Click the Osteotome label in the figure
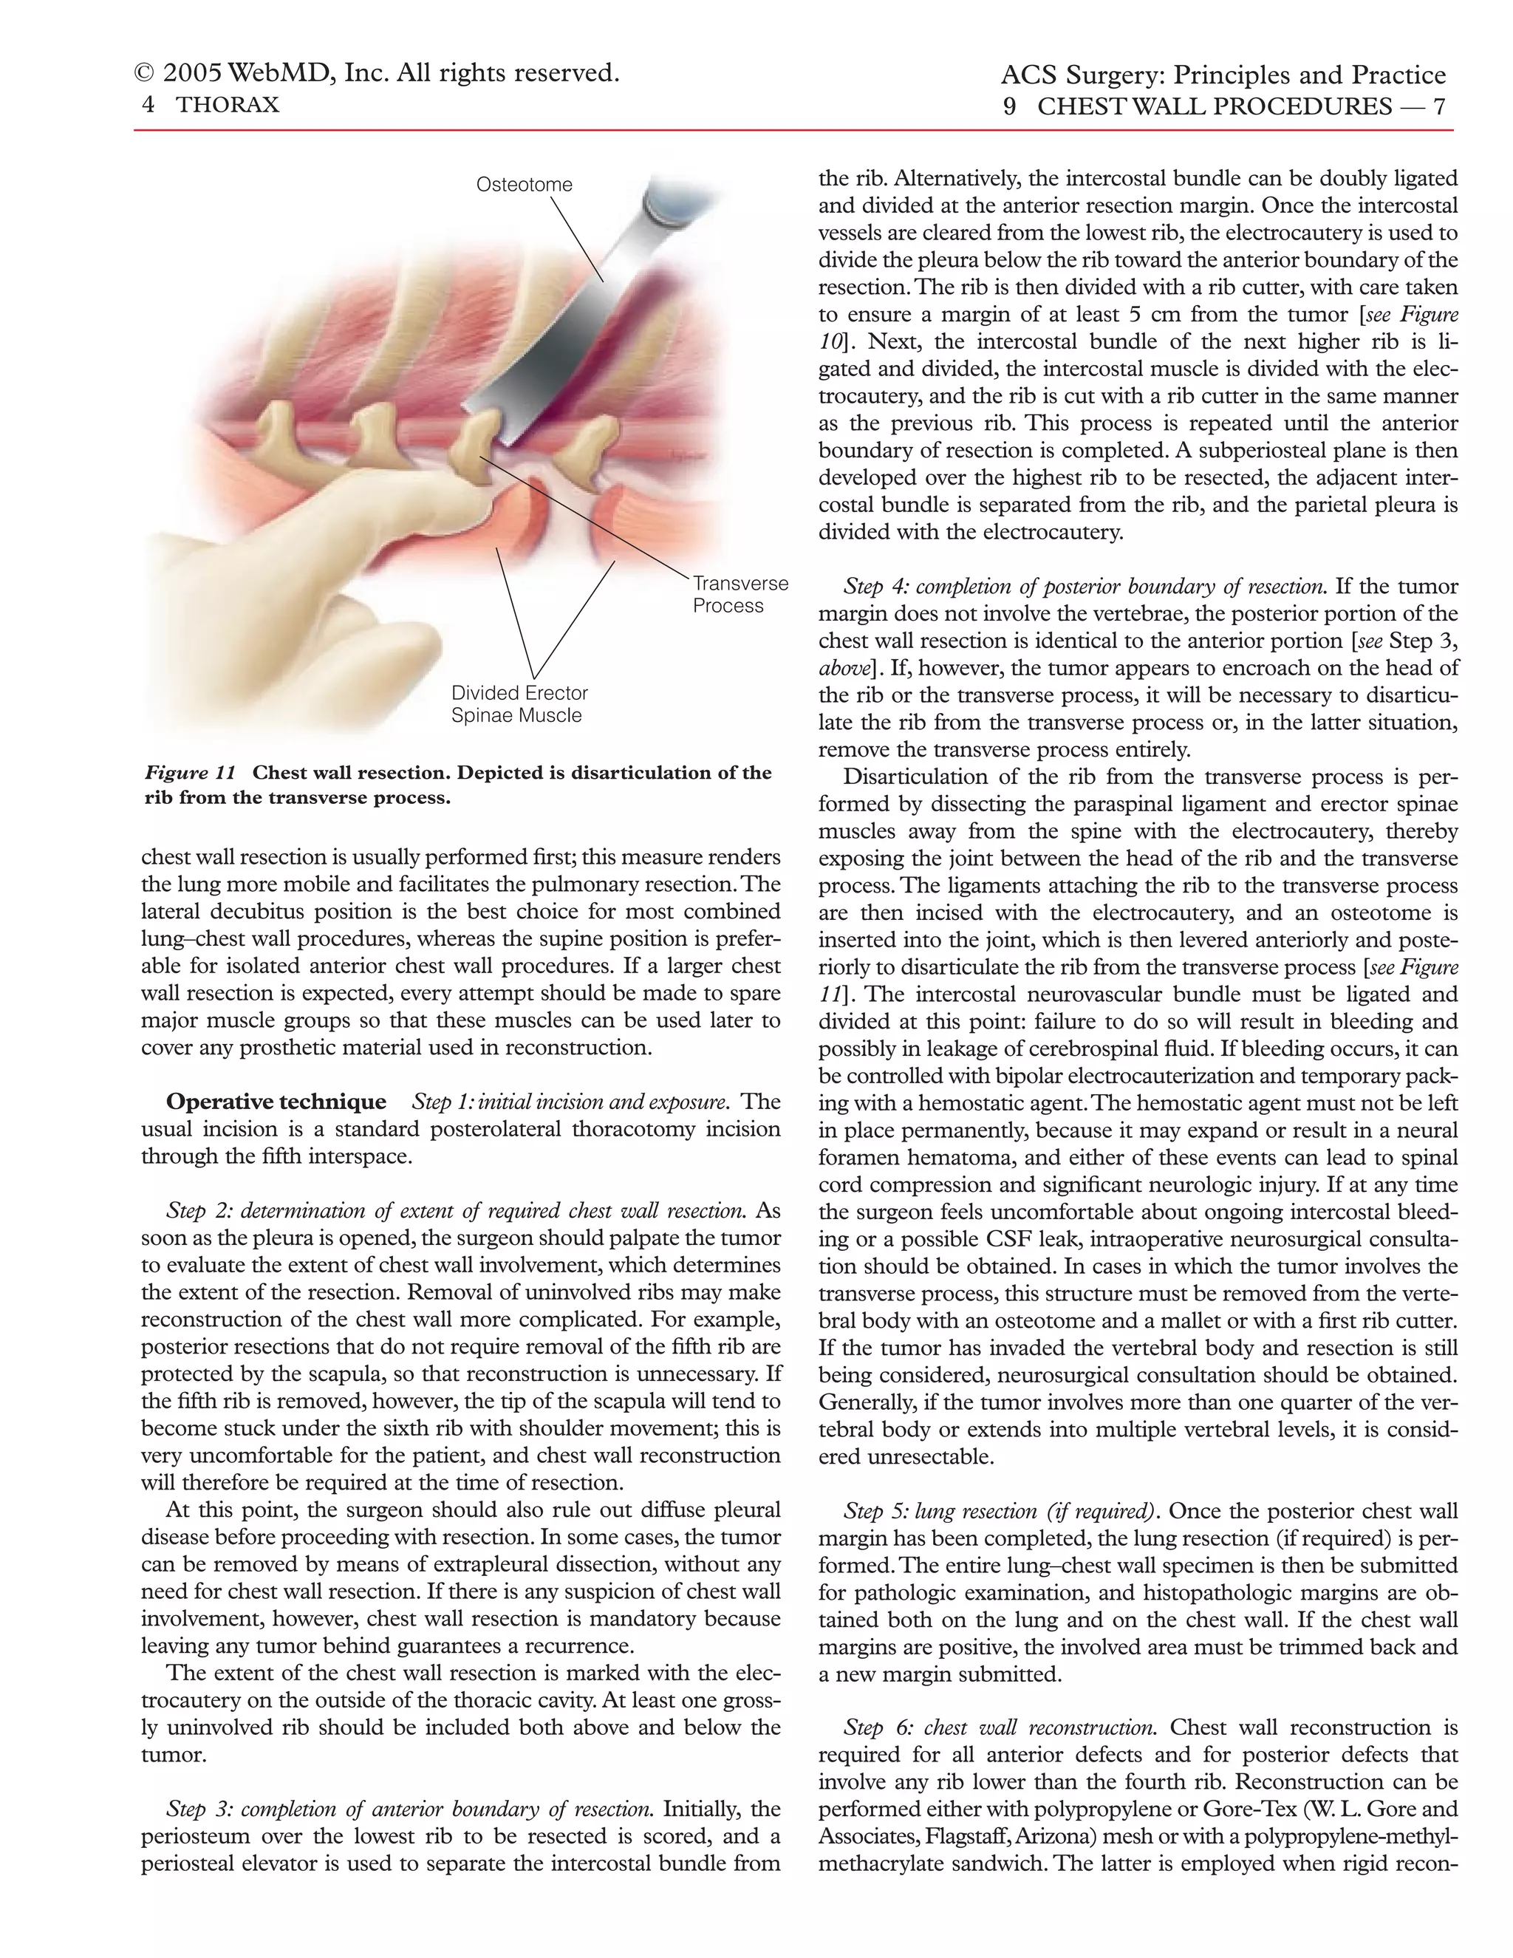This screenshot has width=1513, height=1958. [524, 185]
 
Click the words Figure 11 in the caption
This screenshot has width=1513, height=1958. [190, 773]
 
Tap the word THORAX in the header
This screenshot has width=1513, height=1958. [228, 105]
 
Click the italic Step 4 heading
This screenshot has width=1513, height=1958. [1085, 587]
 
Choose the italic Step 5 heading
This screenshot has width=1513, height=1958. [1000, 1512]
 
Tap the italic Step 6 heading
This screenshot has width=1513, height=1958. [1000, 1727]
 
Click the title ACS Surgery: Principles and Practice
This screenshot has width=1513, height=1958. [1223, 75]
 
